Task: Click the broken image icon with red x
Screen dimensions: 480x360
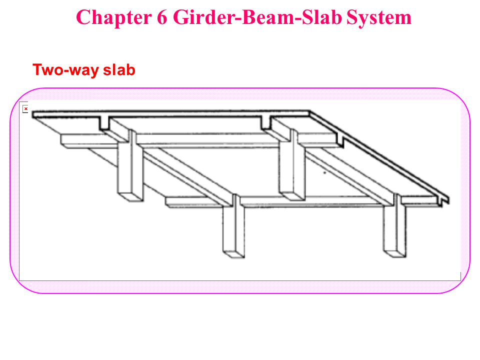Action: pos(25,108)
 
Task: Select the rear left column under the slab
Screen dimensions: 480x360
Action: pos(127,167)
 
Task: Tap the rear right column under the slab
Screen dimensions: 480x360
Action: pos(289,167)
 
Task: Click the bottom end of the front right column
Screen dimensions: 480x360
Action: pos(394,253)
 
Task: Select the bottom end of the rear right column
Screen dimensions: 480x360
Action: pos(289,196)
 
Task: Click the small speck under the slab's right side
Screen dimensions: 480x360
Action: pos(325,173)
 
